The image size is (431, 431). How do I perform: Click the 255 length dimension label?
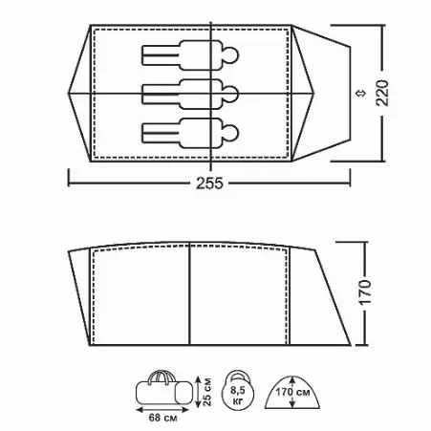click(209, 183)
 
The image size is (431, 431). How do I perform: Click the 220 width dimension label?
click(382, 93)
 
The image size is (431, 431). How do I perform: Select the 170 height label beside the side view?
click(365, 292)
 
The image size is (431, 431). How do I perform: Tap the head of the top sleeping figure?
click(230, 55)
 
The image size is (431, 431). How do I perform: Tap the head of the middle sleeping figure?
click(230, 94)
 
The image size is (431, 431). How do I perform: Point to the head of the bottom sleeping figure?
click(230, 133)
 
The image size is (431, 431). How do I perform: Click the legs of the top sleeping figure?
click(161, 55)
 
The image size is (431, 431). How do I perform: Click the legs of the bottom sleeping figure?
click(161, 133)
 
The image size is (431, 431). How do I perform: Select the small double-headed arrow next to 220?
click(360, 94)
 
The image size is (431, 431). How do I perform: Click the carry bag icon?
click(164, 390)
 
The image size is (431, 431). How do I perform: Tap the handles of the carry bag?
click(162, 376)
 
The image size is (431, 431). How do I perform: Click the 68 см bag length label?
click(162, 418)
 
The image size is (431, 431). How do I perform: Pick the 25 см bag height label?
click(207, 392)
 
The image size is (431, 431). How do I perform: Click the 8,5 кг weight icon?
click(238, 390)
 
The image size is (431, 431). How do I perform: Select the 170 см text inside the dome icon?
click(292, 392)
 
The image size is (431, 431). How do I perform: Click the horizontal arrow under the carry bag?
click(162, 409)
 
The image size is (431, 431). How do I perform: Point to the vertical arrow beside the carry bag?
click(198, 392)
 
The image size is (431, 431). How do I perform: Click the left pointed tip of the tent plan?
click(69, 94)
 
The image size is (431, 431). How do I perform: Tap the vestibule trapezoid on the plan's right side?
click(322, 93)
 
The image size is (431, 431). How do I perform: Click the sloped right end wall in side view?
click(333, 297)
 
